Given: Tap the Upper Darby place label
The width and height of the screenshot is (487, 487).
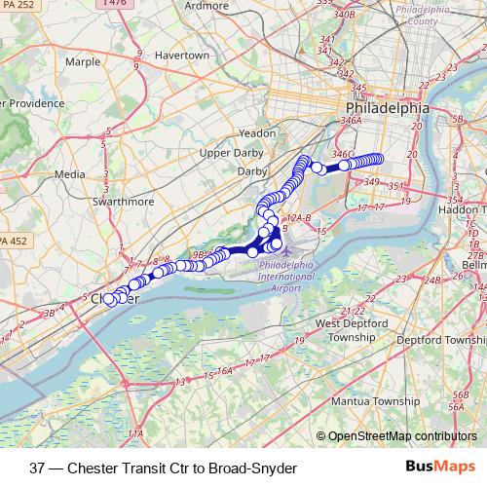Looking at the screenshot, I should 232,153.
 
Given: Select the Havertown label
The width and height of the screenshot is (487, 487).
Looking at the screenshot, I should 182,56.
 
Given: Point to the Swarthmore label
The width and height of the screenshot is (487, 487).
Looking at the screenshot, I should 122,202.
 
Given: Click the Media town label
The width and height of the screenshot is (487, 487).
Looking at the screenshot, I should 69,174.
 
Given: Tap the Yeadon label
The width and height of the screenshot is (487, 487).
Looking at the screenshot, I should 257,131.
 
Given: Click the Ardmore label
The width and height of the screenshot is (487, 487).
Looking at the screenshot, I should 206,6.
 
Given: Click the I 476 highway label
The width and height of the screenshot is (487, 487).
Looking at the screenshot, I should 115,4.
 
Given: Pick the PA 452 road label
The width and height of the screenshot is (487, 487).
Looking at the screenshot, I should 13,241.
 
